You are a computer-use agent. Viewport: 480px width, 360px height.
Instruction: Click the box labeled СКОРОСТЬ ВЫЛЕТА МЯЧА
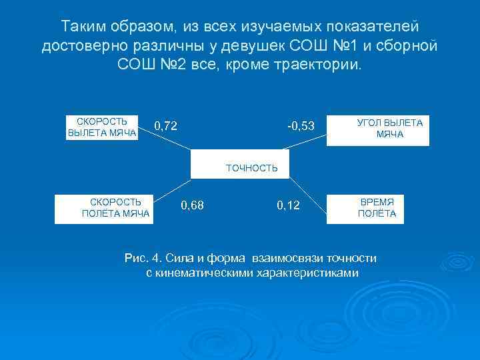[x=102, y=127]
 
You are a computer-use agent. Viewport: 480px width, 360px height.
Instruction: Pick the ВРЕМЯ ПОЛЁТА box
[x=376, y=208]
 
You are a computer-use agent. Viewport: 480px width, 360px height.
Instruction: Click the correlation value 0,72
[x=165, y=125]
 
